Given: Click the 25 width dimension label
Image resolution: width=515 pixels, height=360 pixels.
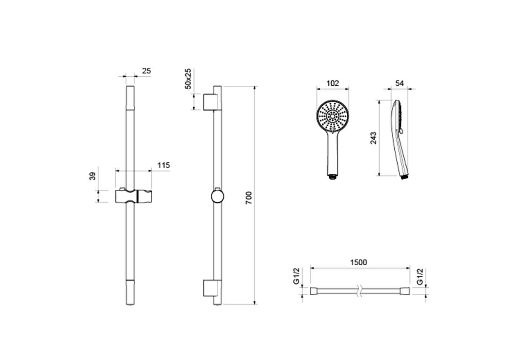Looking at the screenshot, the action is pyautogui.click(x=146, y=71).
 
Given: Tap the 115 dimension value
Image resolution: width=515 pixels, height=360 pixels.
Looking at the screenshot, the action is pyautogui.click(x=164, y=165).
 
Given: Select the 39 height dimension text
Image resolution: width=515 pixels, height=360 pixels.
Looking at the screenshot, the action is pyautogui.click(x=93, y=176).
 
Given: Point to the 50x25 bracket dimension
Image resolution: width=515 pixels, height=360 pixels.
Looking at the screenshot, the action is pyautogui.click(x=188, y=79).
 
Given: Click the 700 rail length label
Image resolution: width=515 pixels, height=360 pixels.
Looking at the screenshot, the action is pyautogui.click(x=249, y=198).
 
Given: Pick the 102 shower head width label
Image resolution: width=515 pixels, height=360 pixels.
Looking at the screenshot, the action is pyautogui.click(x=333, y=83).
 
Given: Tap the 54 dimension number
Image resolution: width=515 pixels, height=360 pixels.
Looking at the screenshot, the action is pyautogui.click(x=400, y=83).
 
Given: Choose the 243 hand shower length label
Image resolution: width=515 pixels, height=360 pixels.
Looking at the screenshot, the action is pyautogui.click(x=373, y=138).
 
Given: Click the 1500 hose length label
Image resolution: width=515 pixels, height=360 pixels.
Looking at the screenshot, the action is pyautogui.click(x=358, y=262).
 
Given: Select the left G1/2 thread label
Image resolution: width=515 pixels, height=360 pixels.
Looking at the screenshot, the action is pyautogui.click(x=297, y=276).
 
